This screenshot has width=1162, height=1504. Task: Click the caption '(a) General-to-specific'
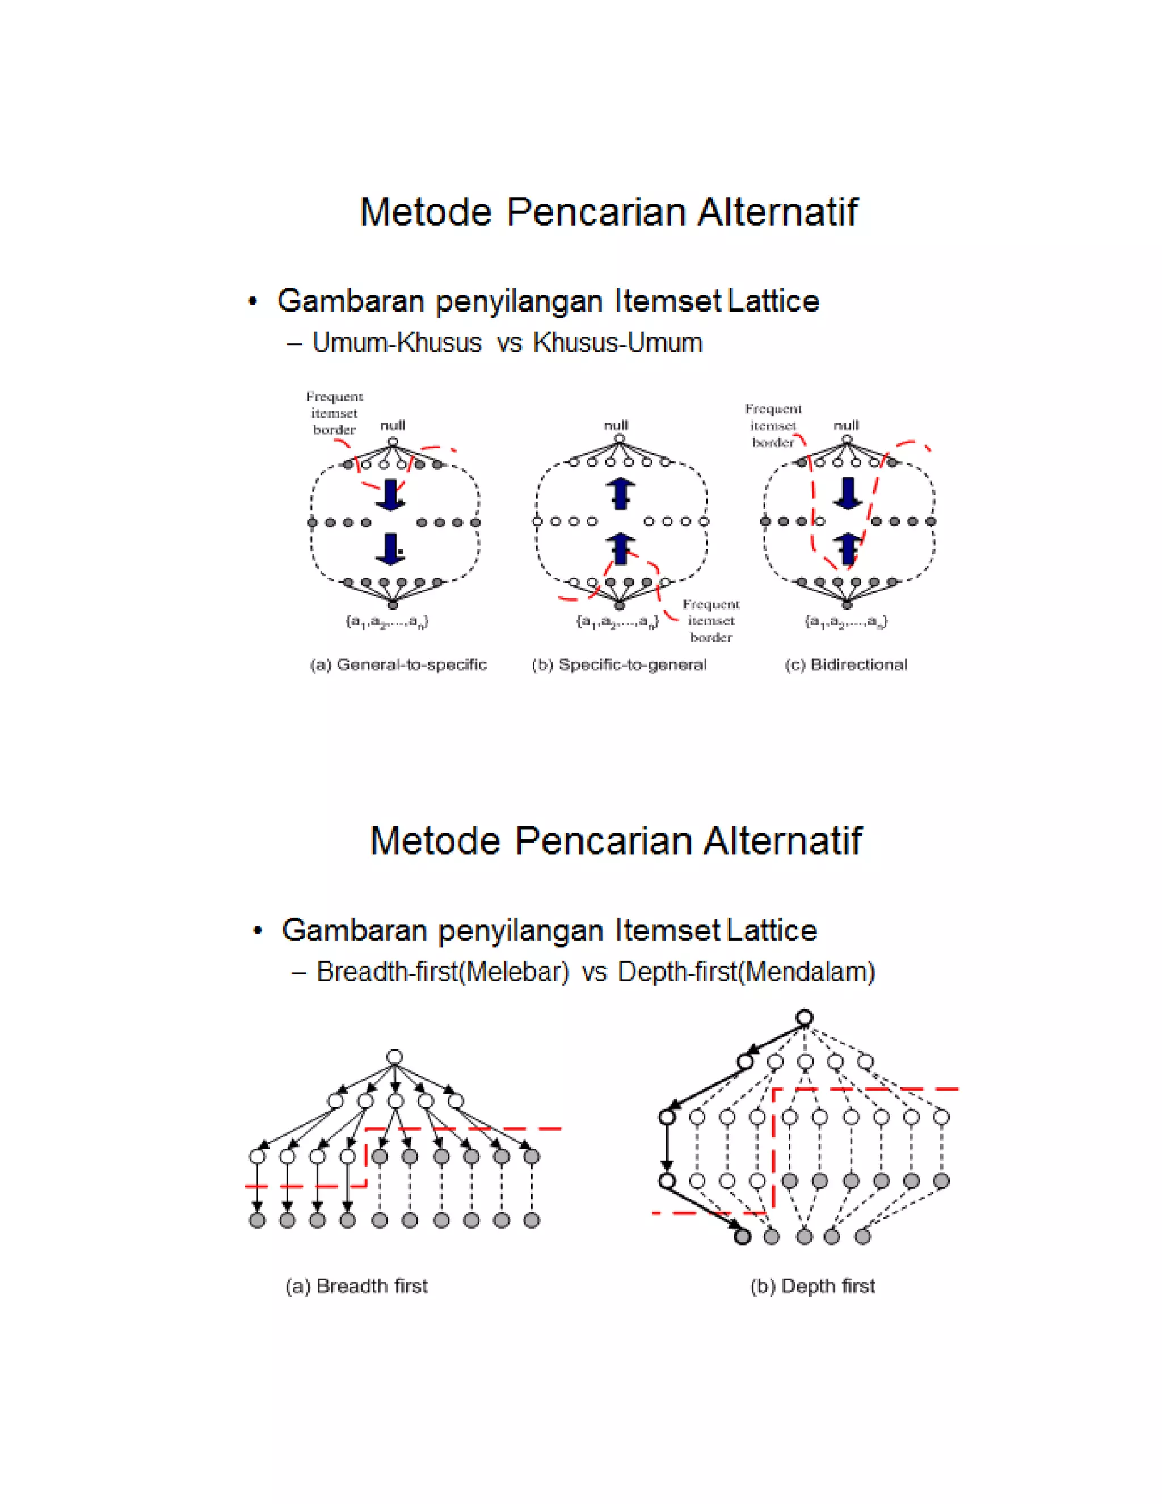coord(398,665)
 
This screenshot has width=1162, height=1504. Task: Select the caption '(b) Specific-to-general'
coord(619,665)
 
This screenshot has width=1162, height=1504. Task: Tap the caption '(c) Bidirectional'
coord(845,665)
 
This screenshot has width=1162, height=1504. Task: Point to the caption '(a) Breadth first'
coord(356,1285)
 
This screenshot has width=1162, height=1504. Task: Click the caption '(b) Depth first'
coord(812,1285)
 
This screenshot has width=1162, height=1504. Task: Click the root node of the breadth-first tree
coord(394,1057)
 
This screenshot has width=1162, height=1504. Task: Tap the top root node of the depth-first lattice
coord(804,1017)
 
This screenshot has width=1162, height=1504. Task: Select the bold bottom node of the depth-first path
coord(742,1237)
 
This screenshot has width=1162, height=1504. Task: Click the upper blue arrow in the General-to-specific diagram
coord(390,494)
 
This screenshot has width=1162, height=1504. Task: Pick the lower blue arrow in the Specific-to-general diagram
coord(620,549)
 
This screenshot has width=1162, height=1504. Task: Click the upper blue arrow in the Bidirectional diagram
coord(848,494)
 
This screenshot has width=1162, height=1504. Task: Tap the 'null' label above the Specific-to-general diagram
coord(616,425)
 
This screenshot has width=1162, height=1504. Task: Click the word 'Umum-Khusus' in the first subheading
coord(397,342)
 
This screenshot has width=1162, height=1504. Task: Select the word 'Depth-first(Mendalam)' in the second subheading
coord(746,972)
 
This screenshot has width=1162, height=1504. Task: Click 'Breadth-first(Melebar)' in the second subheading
coord(443,972)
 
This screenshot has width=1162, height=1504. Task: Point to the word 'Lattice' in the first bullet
coord(773,301)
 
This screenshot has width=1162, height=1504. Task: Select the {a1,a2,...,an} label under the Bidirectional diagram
coord(846,622)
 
